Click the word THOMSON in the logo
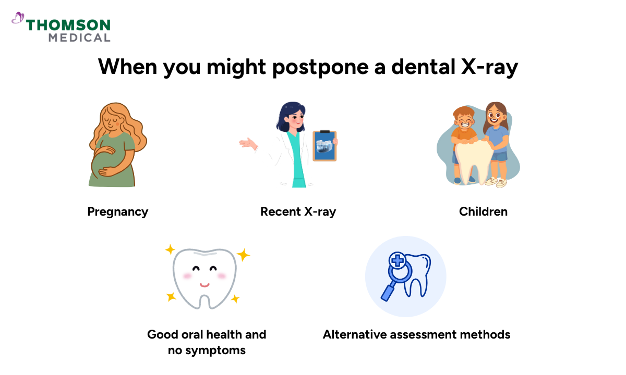click(68, 25)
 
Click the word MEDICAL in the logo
click(79, 37)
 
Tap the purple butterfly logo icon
click(18, 19)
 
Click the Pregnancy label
click(117, 211)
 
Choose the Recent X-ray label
click(298, 211)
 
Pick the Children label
click(483, 211)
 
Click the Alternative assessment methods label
click(416, 334)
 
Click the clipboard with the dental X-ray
click(324, 145)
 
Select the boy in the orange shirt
click(463, 133)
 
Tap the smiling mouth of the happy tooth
click(204, 285)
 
